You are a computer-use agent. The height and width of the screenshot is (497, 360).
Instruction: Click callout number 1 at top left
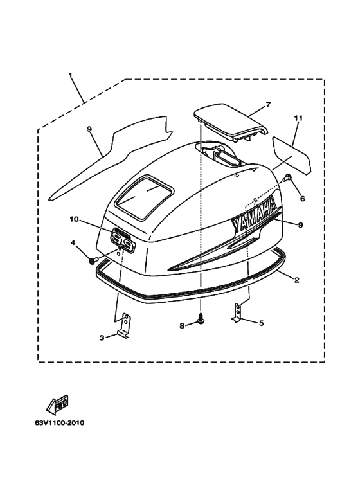70,75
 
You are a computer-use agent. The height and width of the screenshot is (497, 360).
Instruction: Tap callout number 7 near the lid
269,105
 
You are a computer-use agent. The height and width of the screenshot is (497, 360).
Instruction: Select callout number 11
298,118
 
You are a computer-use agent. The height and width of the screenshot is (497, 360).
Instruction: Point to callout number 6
302,199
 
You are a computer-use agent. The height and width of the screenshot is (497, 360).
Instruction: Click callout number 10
74,219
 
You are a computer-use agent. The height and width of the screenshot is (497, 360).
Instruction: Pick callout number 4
73,242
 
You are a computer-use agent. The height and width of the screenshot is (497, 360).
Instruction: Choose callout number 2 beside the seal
296,280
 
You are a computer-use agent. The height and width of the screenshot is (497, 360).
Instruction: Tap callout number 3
102,338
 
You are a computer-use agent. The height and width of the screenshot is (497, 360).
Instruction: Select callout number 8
182,326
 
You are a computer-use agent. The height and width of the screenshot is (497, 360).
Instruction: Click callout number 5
261,323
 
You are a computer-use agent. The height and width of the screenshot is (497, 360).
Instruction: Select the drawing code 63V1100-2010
60,423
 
